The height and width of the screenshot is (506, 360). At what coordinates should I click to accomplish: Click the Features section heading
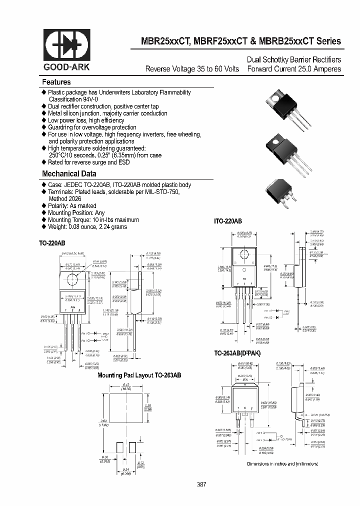56,82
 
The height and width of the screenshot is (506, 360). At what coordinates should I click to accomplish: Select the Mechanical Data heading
69,174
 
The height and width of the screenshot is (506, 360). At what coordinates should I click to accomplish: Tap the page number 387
201,484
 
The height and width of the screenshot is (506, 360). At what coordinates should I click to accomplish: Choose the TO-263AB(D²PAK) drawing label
237,353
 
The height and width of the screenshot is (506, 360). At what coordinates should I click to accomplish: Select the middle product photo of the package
283,151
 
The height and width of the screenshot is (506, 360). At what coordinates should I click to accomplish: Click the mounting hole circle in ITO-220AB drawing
242,255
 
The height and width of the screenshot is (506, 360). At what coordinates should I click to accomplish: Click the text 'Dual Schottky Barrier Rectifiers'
294,59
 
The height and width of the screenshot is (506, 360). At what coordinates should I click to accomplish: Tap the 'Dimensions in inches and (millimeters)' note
283,464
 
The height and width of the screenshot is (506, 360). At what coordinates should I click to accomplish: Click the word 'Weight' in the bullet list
57,226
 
